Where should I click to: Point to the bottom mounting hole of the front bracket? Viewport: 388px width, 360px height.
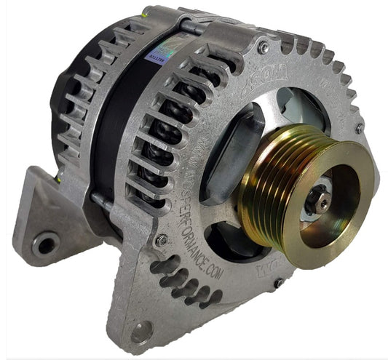point(141,332)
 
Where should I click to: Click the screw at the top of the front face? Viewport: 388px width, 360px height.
point(263,47)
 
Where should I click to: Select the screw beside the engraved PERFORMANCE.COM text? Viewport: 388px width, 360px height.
point(162,239)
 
